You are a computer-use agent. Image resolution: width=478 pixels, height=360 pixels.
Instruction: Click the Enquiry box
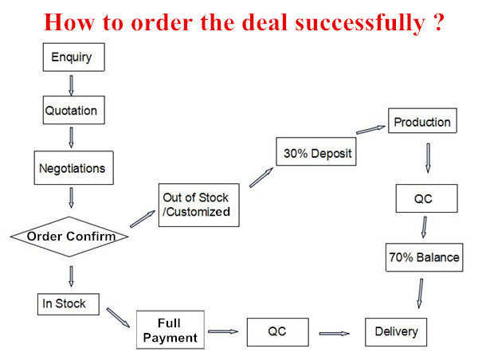click(x=72, y=57)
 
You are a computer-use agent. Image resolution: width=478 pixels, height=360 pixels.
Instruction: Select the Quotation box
click(x=72, y=111)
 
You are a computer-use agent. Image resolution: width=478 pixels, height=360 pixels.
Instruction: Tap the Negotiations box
click(x=72, y=168)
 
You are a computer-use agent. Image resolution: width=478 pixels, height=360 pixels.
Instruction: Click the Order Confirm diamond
click(x=72, y=237)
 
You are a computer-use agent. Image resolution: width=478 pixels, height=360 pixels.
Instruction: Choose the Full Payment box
click(x=170, y=331)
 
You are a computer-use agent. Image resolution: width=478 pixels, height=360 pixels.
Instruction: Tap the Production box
click(x=422, y=123)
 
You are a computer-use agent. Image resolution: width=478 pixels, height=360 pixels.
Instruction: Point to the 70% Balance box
click(x=424, y=257)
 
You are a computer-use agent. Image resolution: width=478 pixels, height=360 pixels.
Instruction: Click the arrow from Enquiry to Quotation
click(x=72, y=84)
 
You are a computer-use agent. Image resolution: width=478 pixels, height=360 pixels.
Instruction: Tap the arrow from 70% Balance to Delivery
click(x=417, y=293)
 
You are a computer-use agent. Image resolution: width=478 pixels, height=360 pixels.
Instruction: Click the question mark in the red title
click(x=437, y=22)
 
